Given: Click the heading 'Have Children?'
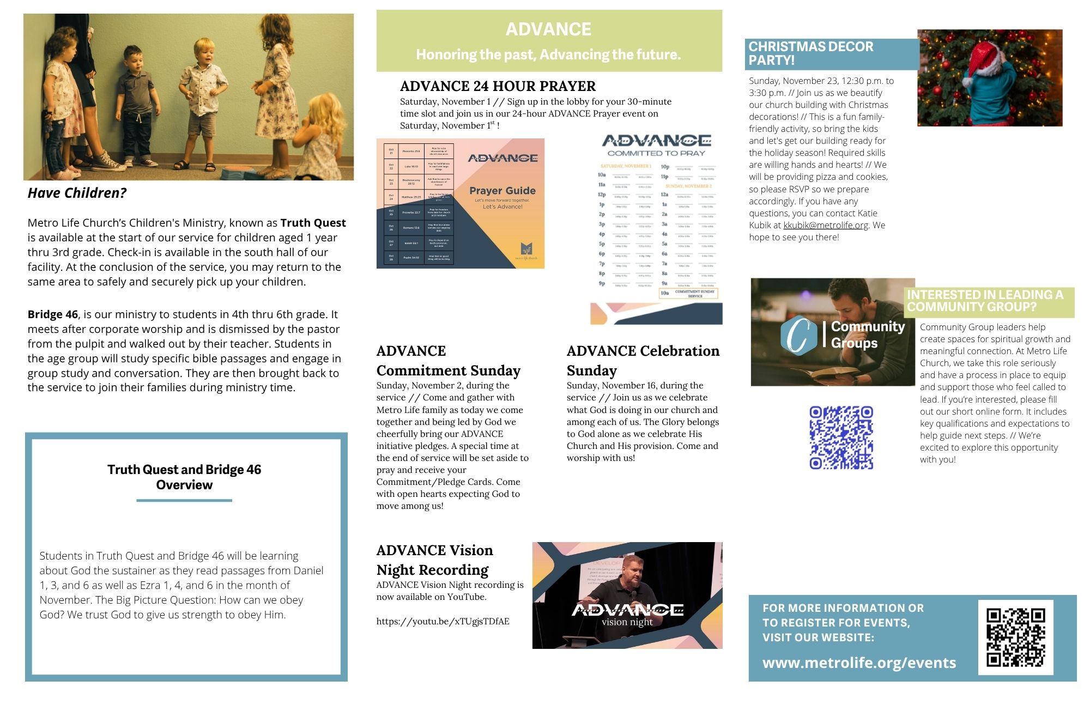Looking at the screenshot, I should click(x=77, y=193).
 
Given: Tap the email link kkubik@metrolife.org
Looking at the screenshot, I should click(x=825, y=225).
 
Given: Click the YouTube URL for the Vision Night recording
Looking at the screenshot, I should click(x=443, y=621).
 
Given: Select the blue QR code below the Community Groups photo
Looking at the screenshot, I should click(x=841, y=437).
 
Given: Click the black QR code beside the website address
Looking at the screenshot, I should click(x=1015, y=637).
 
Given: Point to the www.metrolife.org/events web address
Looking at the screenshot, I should click(x=859, y=663).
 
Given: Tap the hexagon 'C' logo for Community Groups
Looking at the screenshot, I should click(x=798, y=335).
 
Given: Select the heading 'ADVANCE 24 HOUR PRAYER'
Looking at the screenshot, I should click(x=498, y=86).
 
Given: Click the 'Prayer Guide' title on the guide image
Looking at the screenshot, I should click(x=502, y=191).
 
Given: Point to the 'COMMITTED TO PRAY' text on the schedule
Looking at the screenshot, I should click(x=656, y=153).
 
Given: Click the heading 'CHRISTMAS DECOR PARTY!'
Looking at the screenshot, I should click(x=810, y=53).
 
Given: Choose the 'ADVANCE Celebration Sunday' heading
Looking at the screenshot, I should click(x=643, y=361).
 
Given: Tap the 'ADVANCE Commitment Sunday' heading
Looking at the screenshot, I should click(x=448, y=361).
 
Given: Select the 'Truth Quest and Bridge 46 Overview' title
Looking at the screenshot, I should click(x=184, y=477).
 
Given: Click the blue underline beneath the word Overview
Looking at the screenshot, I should click(x=184, y=500).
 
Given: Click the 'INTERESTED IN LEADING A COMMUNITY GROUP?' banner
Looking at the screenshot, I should click(x=985, y=301).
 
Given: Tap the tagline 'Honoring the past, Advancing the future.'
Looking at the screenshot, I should click(x=548, y=54).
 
